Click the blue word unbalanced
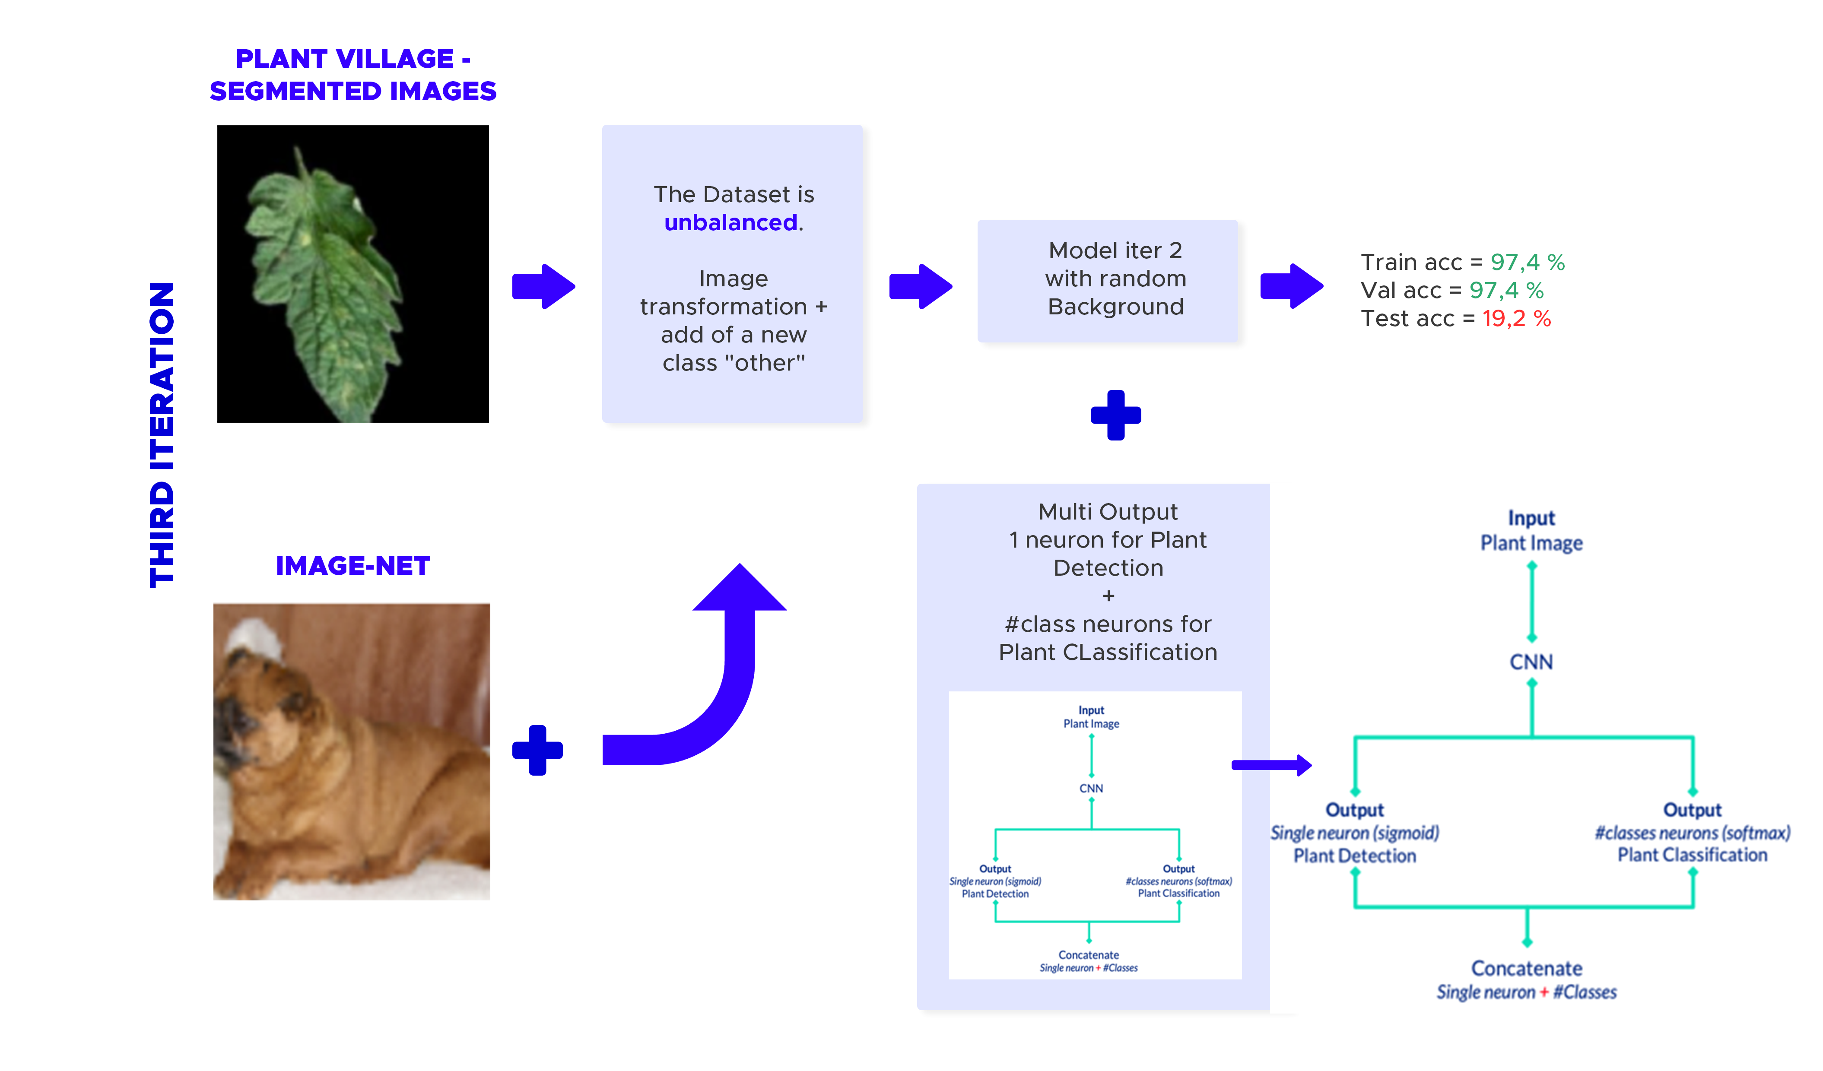point(730,223)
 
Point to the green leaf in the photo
point(326,282)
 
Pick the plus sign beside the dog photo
point(537,750)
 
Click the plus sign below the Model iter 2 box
point(1115,415)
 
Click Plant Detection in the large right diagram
point(1354,856)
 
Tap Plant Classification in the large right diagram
point(1692,856)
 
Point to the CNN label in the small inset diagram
point(1091,788)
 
